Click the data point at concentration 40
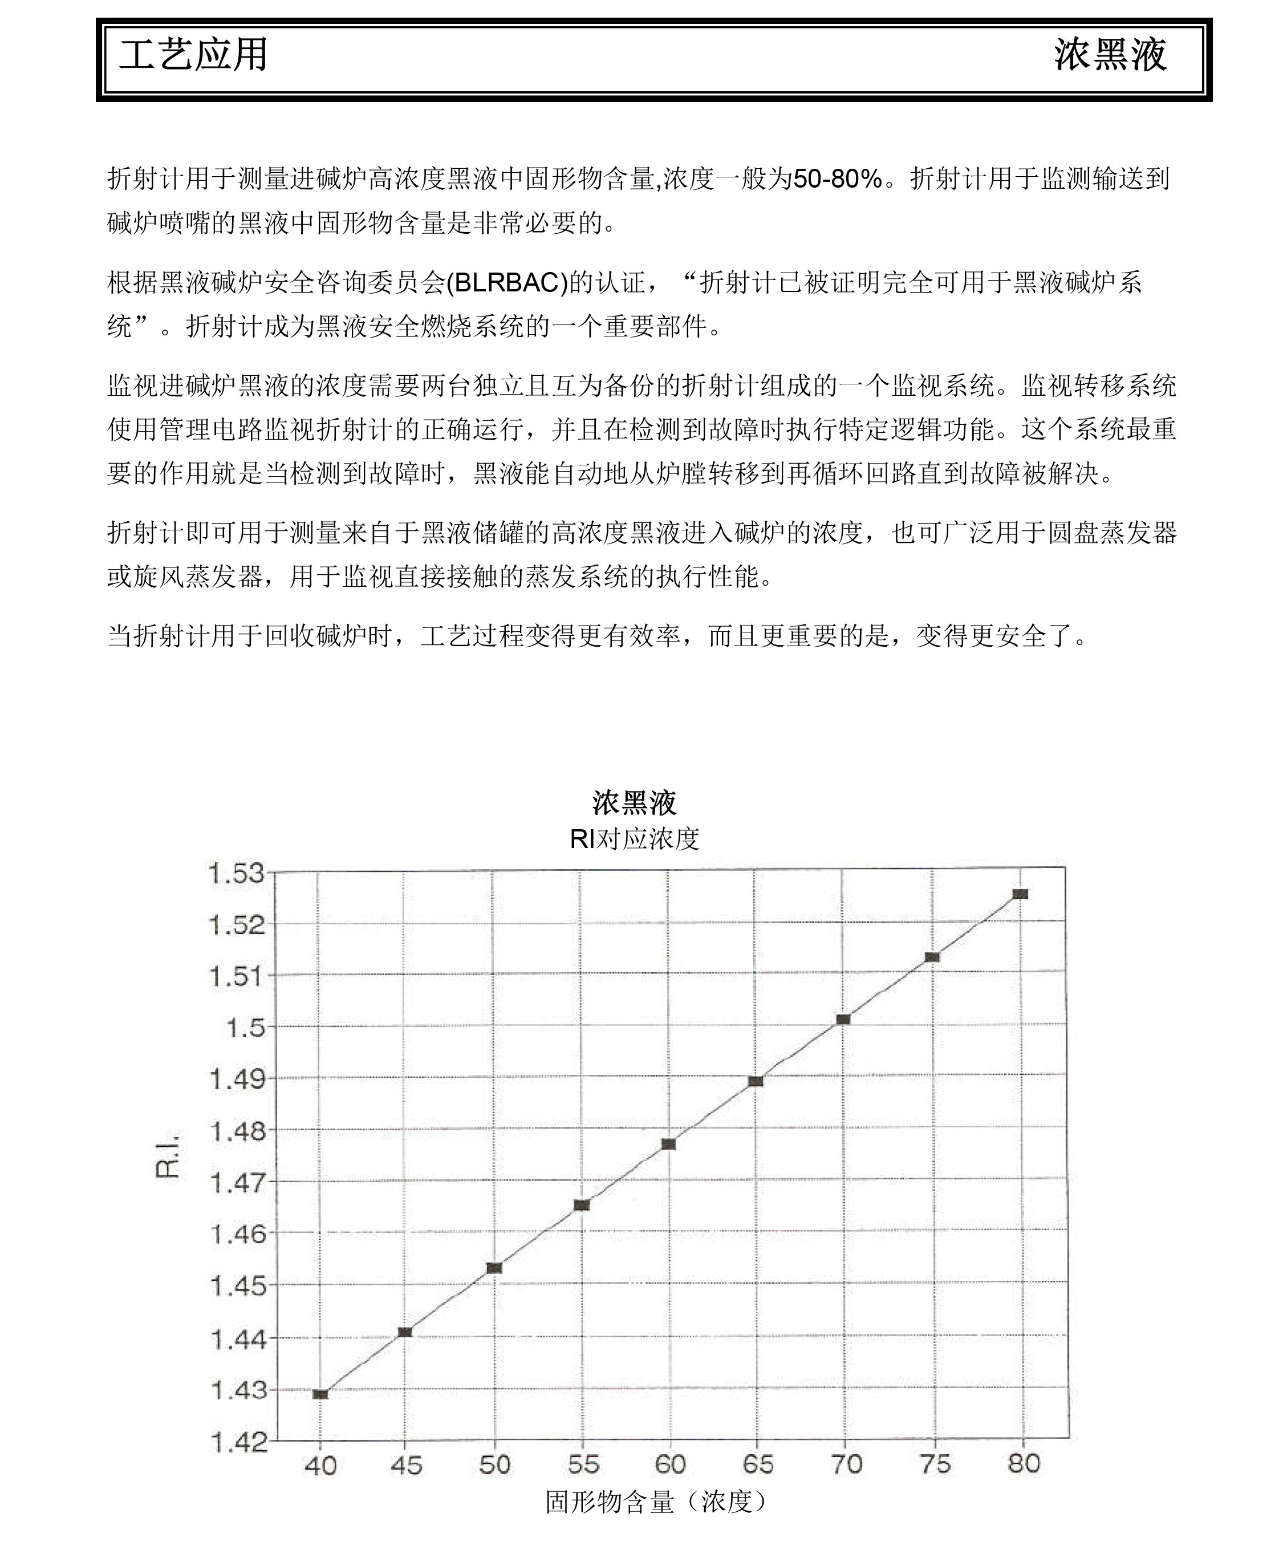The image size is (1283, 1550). pyautogui.click(x=320, y=1394)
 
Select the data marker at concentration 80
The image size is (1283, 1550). pyautogui.click(x=1020, y=894)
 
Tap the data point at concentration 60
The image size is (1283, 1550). pyautogui.click(x=669, y=1144)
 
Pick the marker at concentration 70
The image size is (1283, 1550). pyautogui.click(x=843, y=1019)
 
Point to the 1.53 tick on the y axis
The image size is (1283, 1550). pyautogui.click(x=236, y=873)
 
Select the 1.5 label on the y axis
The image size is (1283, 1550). pyautogui.click(x=245, y=1026)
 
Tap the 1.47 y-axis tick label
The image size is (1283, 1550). pyautogui.click(x=238, y=1182)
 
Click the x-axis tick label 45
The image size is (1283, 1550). pyautogui.click(x=406, y=1464)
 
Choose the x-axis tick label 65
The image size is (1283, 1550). pyautogui.click(x=757, y=1464)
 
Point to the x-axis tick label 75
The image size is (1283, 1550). pyautogui.click(x=935, y=1464)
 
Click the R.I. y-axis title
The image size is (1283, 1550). pyautogui.click(x=168, y=1156)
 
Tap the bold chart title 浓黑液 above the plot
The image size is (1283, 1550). pyautogui.click(x=634, y=802)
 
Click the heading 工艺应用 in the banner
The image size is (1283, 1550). pyautogui.click(x=193, y=55)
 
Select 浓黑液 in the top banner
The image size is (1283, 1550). pyautogui.click(x=1110, y=55)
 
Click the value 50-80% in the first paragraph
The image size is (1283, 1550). pyautogui.click(x=837, y=178)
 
